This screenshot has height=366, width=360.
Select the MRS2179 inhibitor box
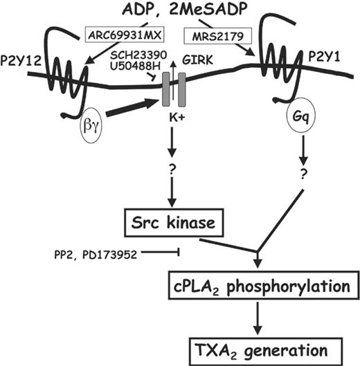tap(213, 33)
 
